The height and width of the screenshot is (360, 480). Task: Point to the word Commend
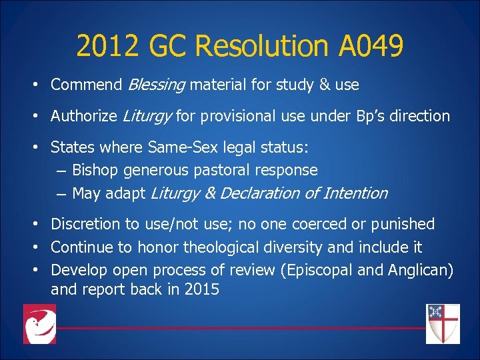pos(86,85)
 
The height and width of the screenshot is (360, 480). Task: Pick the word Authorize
pos(85,116)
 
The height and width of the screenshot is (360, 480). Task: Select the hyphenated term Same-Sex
pos(181,147)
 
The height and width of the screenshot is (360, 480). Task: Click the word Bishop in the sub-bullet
pos(93,170)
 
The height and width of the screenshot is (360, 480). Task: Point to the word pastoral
pos(226,170)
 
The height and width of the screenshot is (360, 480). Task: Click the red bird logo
pos(39,324)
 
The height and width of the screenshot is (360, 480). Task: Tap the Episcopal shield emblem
pos(443,323)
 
